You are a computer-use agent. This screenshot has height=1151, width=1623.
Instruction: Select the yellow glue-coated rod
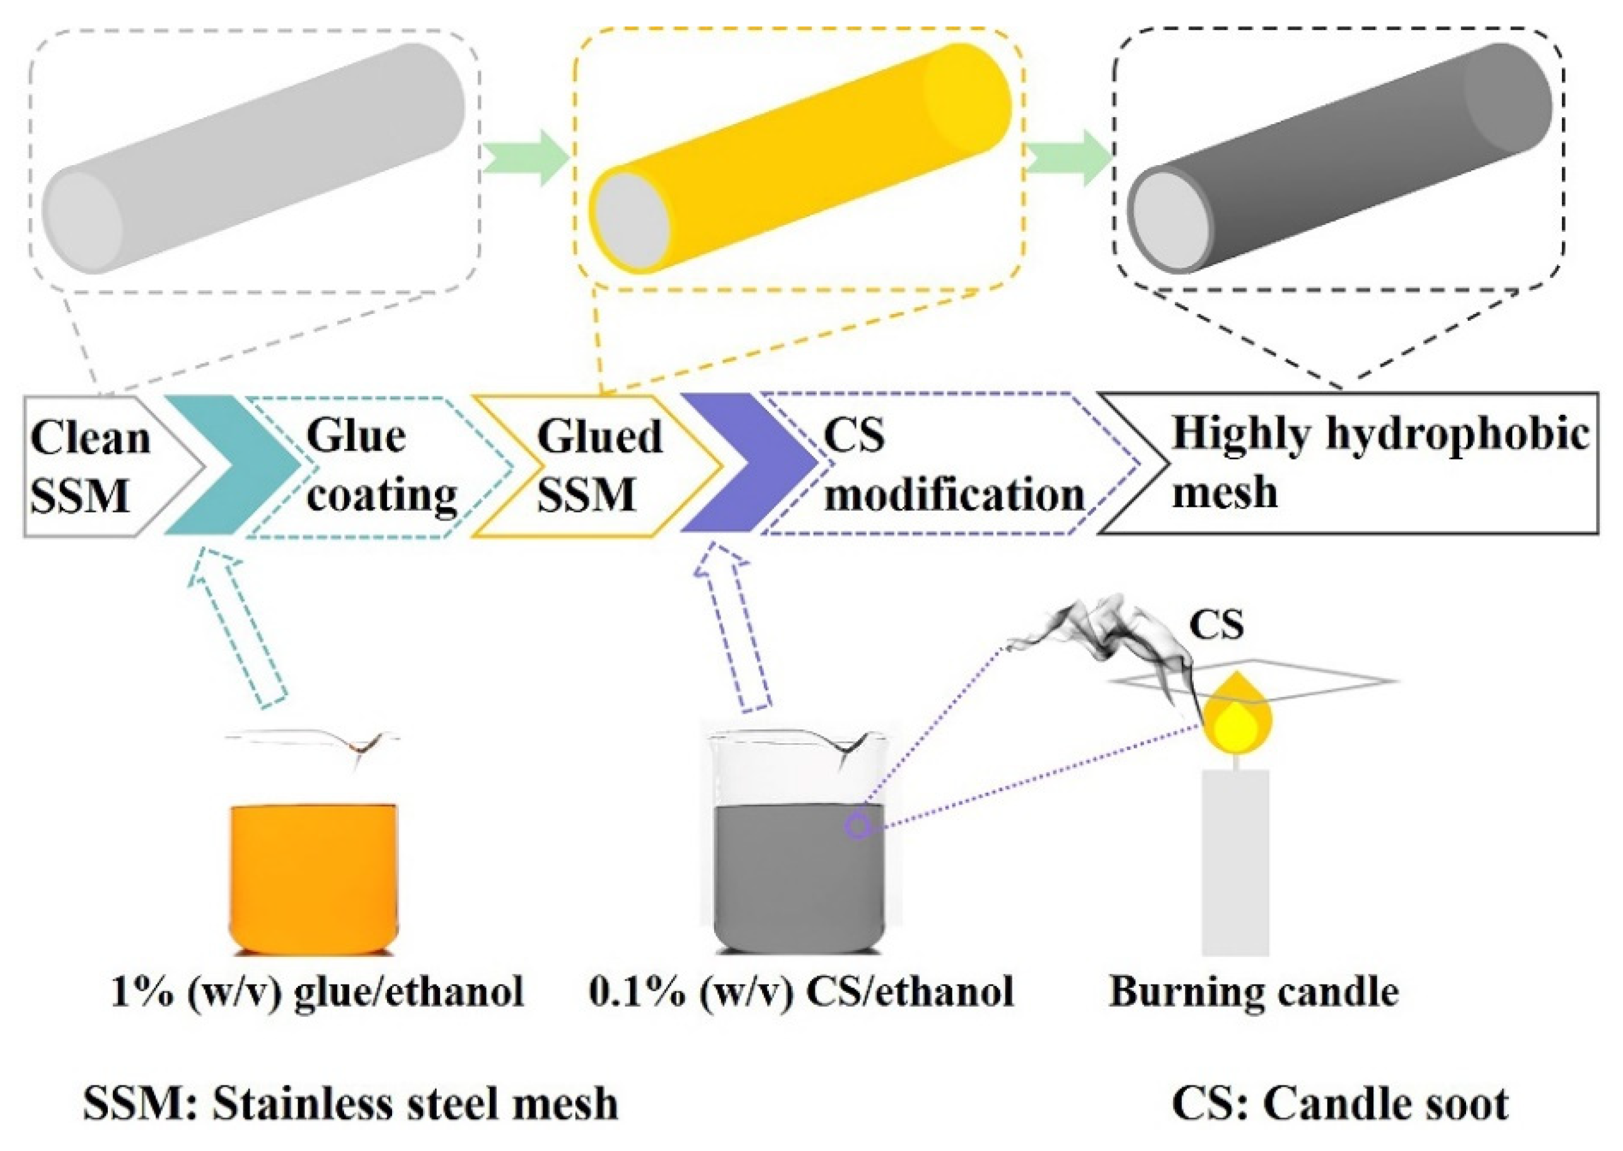[801, 156]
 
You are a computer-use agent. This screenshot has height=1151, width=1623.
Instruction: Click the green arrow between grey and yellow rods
[524, 158]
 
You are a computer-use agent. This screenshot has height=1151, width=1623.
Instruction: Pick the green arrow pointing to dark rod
[1066, 158]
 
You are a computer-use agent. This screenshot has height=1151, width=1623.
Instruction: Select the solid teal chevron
[227, 464]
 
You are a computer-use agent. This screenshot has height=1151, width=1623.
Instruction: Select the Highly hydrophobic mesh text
[1378, 461]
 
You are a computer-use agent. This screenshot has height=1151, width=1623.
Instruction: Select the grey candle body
[1235, 861]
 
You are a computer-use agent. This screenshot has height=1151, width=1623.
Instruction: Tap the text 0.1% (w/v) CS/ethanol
[801, 992]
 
